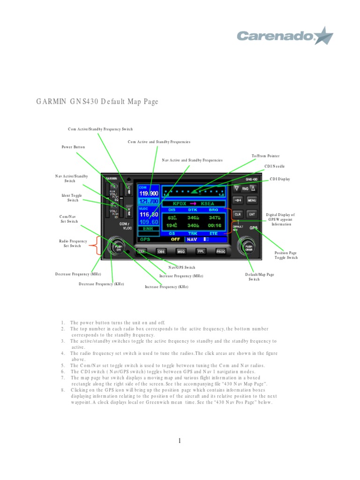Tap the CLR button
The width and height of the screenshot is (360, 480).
tap(238, 214)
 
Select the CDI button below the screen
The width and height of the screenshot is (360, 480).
tap(142, 251)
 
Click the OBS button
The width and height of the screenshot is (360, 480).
tap(161, 251)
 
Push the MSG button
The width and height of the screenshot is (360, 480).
tap(181, 251)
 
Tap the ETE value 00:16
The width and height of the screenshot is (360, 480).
tap(214, 225)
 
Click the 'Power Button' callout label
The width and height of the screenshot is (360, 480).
tap(74, 147)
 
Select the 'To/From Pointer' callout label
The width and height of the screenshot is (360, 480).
tap(266, 156)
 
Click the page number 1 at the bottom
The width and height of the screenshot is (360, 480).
tap(180, 440)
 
